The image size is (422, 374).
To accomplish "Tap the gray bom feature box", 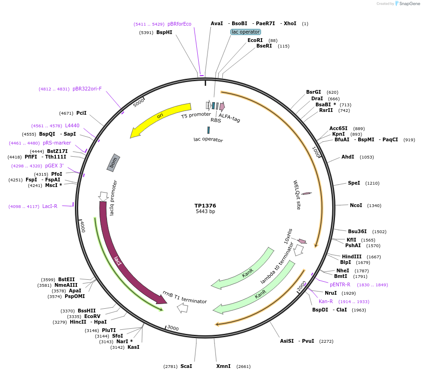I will click(114, 163).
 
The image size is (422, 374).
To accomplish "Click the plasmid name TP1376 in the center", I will click(205, 206).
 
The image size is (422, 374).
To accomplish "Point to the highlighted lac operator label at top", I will click(246, 32).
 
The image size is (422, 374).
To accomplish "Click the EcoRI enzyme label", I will click(255, 41).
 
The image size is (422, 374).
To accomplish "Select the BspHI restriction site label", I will click(164, 33).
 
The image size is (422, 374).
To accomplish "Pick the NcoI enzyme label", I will click(356, 206).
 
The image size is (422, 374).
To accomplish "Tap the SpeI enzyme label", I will click(354, 183).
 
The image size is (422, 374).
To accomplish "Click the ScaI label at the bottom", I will click(186, 367).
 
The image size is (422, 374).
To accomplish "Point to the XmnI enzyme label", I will click(223, 367).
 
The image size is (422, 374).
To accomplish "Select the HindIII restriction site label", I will click(352, 257).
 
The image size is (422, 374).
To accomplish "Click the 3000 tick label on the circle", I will click(173, 328).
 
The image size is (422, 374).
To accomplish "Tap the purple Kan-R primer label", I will click(326, 302).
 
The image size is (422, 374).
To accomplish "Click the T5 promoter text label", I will click(196, 115).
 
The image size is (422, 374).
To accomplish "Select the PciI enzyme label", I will click(81, 113).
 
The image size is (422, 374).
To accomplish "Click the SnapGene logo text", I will click(408, 4).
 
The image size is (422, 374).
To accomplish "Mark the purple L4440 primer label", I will click(72, 126).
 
